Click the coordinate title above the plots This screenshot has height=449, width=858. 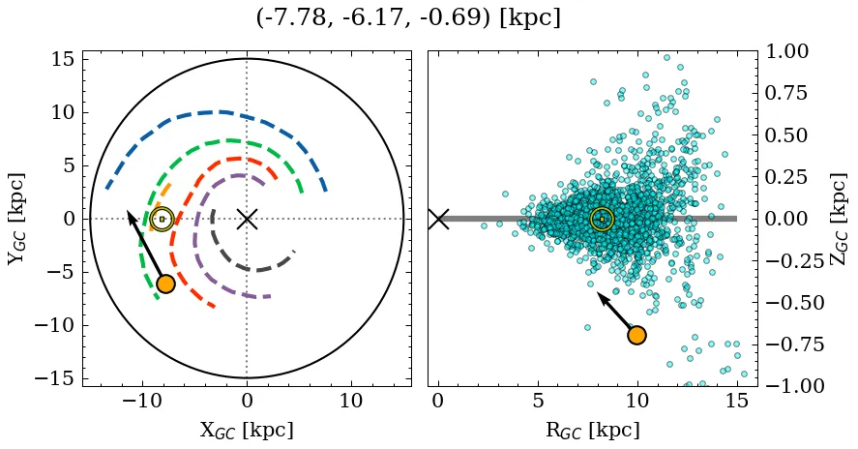(x=408, y=17)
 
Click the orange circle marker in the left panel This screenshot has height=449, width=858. (x=165, y=284)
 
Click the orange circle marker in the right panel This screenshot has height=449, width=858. (x=636, y=335)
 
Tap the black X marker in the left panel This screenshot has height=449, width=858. (x=247, y=219)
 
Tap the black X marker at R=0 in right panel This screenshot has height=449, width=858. (x=438, y=219)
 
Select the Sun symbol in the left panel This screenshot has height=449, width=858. (x=162, y=219)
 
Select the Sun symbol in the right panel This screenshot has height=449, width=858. (x=602, y=219)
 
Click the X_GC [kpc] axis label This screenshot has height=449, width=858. (x=247, y=431)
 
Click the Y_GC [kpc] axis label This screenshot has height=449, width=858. (x=17, y=219)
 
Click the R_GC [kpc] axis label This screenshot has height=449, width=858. (x=592, y=431)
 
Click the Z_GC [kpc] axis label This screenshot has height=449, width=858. (x=840, y=219)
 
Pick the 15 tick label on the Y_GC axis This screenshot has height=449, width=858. (x=62, y=59)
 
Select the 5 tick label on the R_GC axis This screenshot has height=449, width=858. (x=538, y=401)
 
